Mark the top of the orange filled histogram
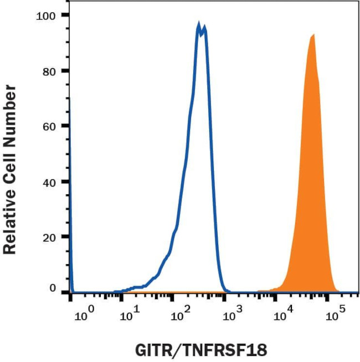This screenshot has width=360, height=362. pyautogui.click(x=313, y=35)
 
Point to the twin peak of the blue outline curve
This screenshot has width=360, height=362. pyautogui.click(x=201, y=27)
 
